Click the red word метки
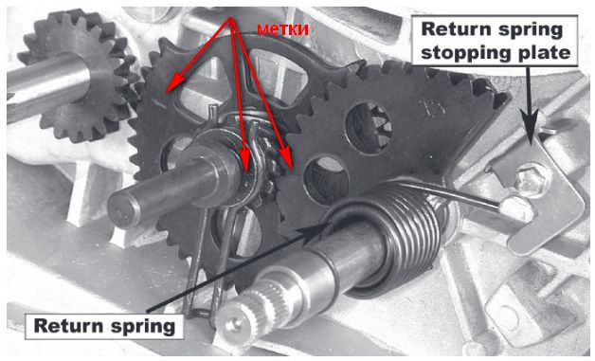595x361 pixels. [282, 29]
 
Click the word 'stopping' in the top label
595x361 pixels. [466, 52]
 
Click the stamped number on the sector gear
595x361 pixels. [434, 107]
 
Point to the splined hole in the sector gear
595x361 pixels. [369, 128]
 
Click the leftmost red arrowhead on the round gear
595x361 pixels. [173, 83]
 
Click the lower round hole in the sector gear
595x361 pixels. [327, 179]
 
